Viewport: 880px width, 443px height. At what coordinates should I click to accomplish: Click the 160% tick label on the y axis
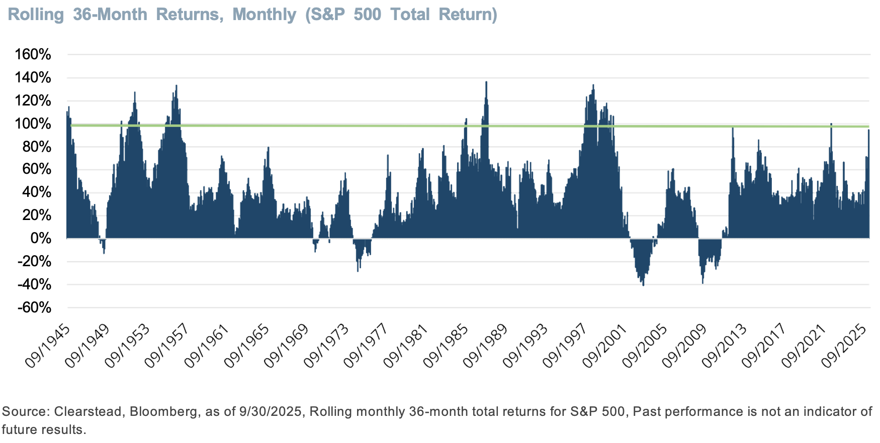coord(33,54)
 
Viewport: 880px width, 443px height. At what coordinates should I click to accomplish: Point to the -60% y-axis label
coord(34,307)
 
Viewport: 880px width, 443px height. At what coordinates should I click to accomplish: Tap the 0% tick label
coord(41,238)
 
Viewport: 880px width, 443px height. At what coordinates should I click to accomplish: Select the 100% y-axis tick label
coord(33,124)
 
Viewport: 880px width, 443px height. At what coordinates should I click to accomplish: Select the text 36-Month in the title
coord(110,15)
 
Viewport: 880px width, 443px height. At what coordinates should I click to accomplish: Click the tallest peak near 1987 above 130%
coord(486,83)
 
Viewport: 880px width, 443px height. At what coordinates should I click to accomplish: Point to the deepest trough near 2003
coord(643,284)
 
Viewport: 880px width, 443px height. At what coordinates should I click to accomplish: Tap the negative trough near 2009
coord(702,282)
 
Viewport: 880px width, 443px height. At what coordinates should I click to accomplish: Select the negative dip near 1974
coord(358,270)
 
